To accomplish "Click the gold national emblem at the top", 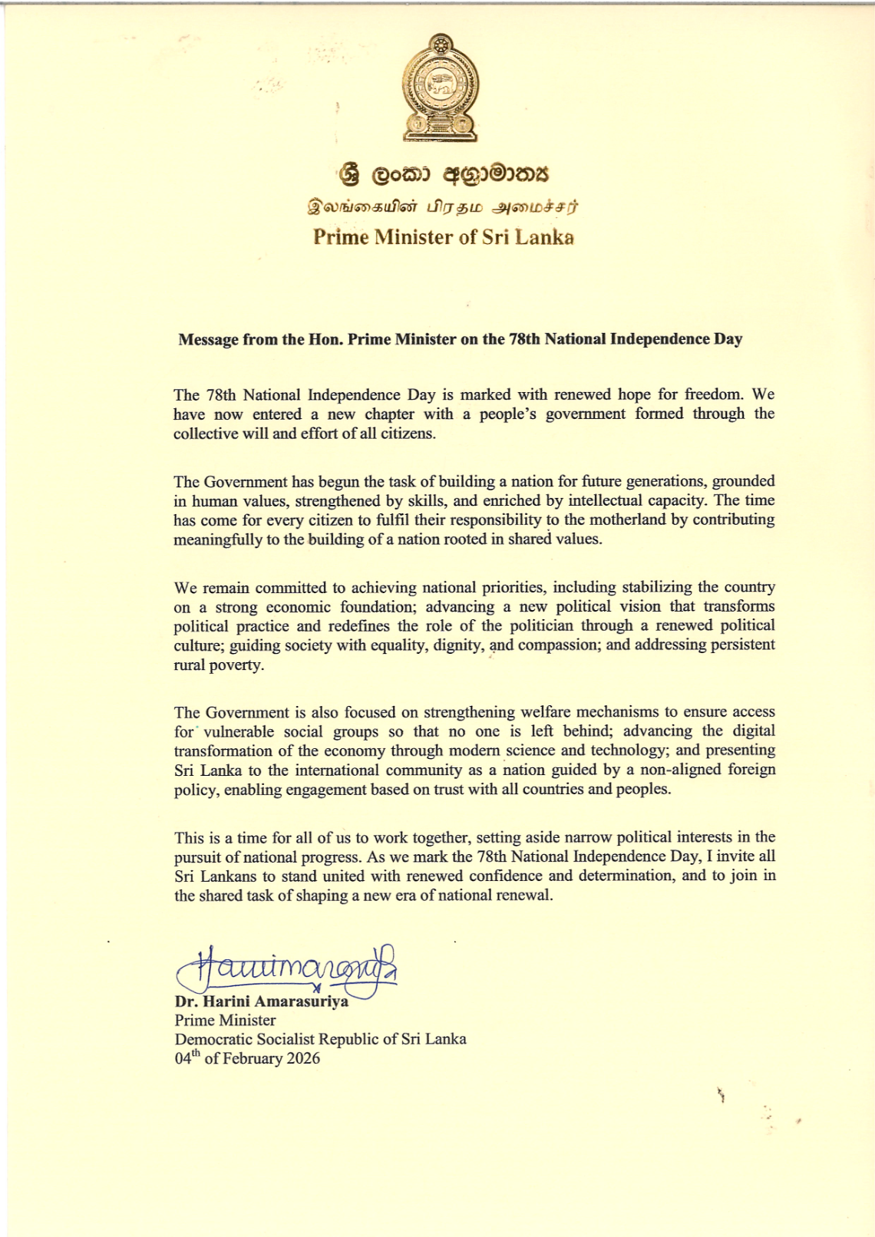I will click(x=441, y=88).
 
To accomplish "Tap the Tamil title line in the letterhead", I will click(x=443, y=206).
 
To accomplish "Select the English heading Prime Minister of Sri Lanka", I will click(x=443, y=237).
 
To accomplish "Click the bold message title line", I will click(x=460, y=339).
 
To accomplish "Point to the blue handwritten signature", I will click(x=292, y=968).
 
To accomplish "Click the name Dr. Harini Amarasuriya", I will click(x=261, y=1001).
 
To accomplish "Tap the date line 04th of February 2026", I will click(x=247, y=1059).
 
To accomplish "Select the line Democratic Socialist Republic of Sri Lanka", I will click(x=320, y=1040).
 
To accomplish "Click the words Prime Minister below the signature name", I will click(x=225, y=1021).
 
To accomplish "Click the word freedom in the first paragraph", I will click(x=713, y=395).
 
